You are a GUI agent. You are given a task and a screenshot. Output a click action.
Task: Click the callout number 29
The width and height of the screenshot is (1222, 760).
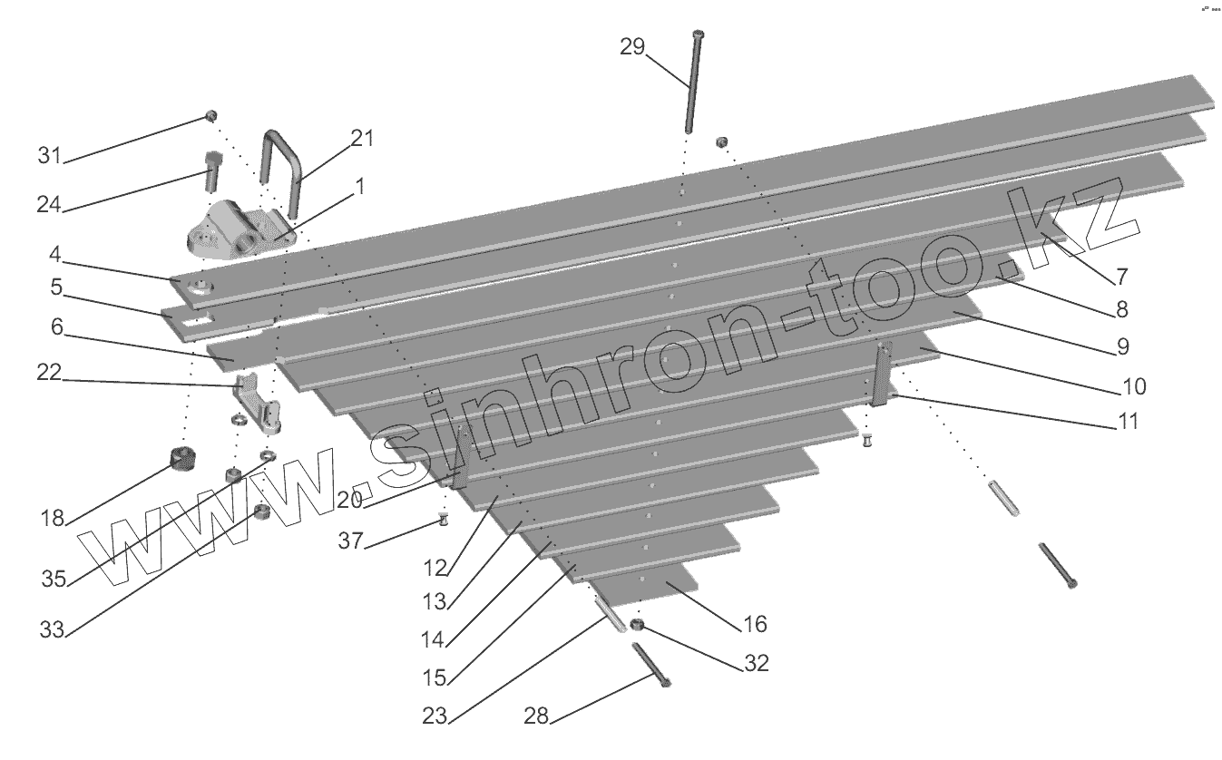click(x=632, y=46)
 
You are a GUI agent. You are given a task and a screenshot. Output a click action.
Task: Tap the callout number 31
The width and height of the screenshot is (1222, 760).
click(x=49, y=155)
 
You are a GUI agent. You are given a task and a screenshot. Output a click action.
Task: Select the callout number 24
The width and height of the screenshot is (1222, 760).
click(x=49, y=205)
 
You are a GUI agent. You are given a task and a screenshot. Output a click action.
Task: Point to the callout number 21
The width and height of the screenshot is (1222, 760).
click(x=362, y=138)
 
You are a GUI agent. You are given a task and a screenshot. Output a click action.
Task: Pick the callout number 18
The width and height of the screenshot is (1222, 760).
click(x=53, y=518)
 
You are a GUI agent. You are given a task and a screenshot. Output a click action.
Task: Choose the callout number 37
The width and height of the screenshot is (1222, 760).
click(x=350, y=541)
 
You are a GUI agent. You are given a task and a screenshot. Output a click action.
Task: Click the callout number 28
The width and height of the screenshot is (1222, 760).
click(x=537, y=716)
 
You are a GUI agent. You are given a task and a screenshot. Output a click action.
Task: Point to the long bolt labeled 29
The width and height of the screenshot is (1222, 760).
click(x=696, y=82)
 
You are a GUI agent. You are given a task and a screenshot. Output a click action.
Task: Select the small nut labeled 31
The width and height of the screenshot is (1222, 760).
click(x=210, y=116)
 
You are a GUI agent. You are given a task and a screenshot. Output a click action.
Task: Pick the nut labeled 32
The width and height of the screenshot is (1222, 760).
click(x=637, y=626)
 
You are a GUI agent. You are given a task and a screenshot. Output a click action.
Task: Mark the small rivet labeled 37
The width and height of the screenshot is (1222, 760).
click(x=444, y=521)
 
